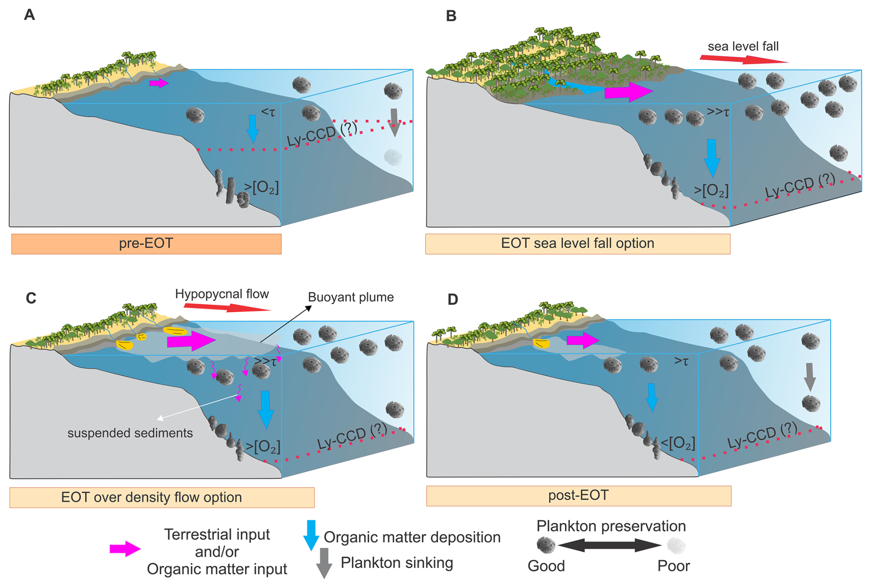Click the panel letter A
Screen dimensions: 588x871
pyautogui.click(x=29, y=15)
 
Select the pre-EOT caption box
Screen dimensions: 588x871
pyautogui.click(x=146, y=243)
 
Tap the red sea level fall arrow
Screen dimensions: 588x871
pyautogui.click(x=743, y=59)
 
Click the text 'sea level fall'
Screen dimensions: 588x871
pyautogui.click(x=743, y=46)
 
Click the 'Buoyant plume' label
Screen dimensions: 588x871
pyautogui.click(x=351, y=297)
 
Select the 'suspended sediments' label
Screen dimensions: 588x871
pyautogui.click(x=130, y=433)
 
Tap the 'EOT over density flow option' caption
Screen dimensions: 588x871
pyautogui.click(x=151, y=497)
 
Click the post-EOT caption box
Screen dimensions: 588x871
pyautogui.click(x=578, y=496)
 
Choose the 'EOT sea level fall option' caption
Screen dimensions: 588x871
pyautogui.click(x=577, y=243)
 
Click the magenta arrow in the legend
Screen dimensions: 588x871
pyautogui.click(x=125, y=549)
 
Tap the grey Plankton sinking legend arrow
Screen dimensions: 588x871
pyautogui.click(x=324, y=563)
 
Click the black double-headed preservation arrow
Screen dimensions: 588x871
pyautogui.click(x=610, y=546)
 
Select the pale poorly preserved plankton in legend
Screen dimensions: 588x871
pyautogui.click(x=676, y=546)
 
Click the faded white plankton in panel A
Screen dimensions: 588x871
pyautogui.click(x=393, y=157)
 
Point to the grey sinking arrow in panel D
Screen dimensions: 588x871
pyautogui.click(x=810, y=376)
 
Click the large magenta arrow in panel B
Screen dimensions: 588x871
pyautogui.click(x=628, y=92)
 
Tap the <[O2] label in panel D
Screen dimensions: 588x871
pyautogui.click(x=678, y=443)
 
